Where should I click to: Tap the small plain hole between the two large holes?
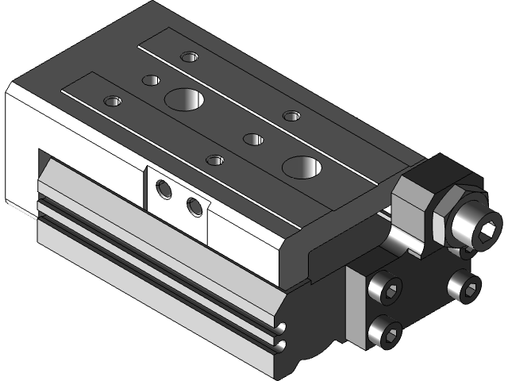click(253, 140)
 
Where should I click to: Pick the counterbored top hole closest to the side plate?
click(214, 160)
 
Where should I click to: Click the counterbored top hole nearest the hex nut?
click(292, 116)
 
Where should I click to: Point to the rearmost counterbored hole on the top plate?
click(188, 56)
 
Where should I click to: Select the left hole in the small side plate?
click(164, 190)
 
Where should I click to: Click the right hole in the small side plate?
click(194, 207)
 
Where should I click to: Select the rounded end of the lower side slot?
click(279, 345)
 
